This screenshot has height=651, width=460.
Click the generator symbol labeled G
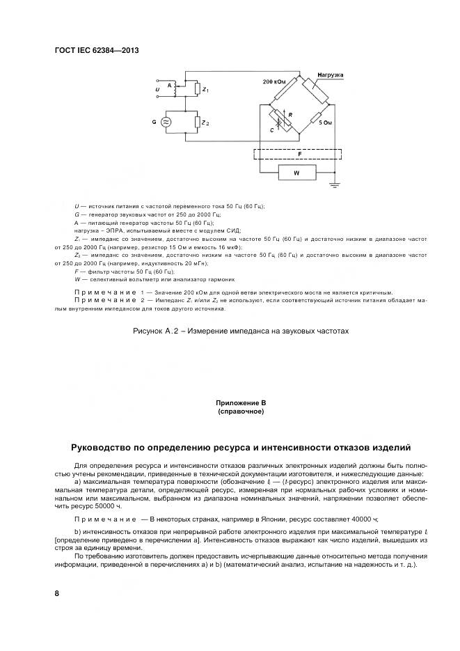(x=166, y=122)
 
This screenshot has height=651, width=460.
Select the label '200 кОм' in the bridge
(x=274, y=82)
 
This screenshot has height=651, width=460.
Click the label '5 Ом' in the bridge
(x=325, y=122)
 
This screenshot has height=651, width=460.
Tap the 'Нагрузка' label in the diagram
(x=330, y=74)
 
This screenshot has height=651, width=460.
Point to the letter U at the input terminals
(x=157, y=89)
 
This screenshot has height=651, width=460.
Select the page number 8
(x=56, y=593)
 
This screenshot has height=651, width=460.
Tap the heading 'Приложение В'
(x=241, y=403)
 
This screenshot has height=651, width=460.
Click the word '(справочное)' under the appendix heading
(x=241, y=411)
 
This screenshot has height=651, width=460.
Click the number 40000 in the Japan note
(x=362, y=519)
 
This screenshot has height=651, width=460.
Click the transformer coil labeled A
(x=175, y=88)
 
